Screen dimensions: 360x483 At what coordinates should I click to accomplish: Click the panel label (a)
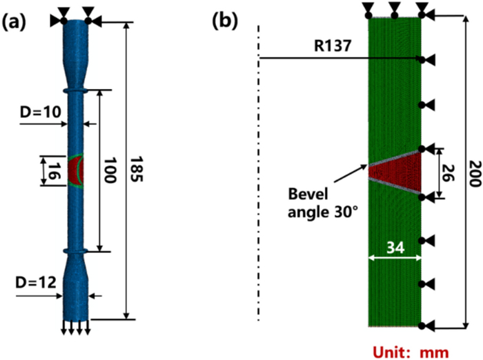(x=15, y=21)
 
